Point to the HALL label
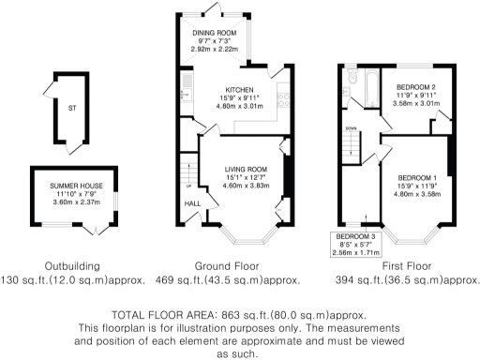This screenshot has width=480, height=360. click(x=191, y=203)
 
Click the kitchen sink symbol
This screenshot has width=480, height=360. click(x=187, y=91)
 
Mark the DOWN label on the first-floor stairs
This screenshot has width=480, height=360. click(x=351, y=128)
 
